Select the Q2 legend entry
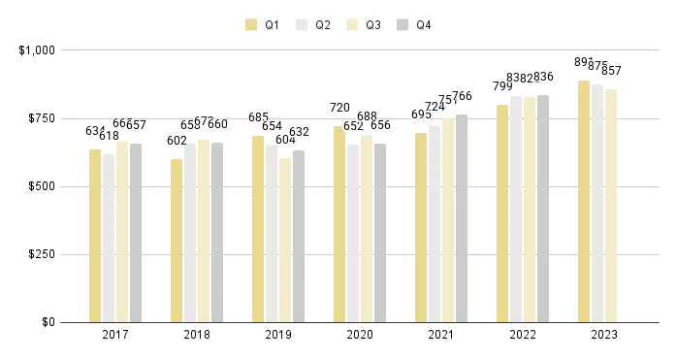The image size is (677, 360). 313,25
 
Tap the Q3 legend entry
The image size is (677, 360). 365,25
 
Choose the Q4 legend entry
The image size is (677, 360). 415,25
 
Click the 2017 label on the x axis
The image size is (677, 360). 115,335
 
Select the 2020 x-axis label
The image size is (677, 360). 360,335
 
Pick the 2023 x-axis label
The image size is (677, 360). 604,335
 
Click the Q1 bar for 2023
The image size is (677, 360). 584,201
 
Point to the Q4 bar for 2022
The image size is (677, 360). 543,209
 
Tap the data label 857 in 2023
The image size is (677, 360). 611,71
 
